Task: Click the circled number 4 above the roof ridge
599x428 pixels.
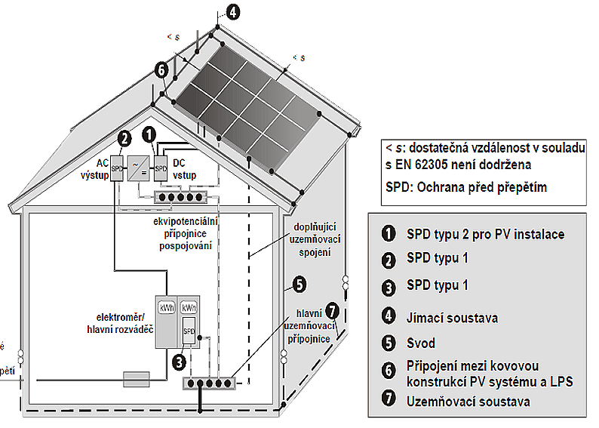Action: (x=234, y=12)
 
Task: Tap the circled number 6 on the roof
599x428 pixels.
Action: (x=161, y=69)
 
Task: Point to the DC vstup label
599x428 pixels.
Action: (x=184, y=169)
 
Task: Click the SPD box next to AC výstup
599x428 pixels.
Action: (x=117, y=168)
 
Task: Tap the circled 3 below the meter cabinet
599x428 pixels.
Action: (x=179, y=361)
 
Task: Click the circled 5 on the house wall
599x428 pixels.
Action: (x=299, y=285)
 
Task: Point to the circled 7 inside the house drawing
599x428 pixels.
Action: (x=333, y=309)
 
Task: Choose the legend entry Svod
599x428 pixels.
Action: (x=421, y=343)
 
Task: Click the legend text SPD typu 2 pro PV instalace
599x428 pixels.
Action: (x=485, y=234)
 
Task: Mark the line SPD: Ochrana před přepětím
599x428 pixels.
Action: (x=461, y=187)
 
